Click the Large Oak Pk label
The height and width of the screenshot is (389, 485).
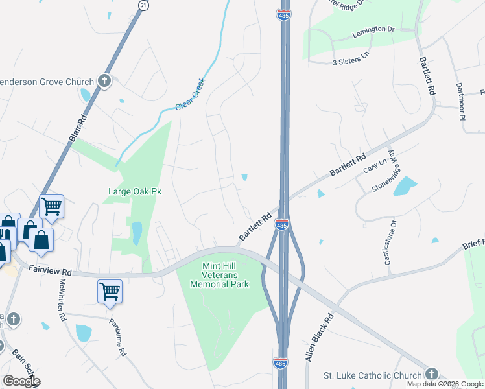coord(134,191)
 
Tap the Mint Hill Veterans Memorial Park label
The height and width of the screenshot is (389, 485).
coord(221,275)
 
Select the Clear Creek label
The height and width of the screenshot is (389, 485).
coord(194,102)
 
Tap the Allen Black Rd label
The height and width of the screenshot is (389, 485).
coord(318,338)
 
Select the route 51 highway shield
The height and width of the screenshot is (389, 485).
coord(143,5)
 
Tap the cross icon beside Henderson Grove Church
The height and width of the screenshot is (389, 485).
coord(104,81)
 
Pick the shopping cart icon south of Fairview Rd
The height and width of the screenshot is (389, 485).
coord(110,290)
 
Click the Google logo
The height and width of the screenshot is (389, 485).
coord(21,381)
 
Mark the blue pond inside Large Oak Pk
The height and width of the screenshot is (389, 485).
coord(136,233)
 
